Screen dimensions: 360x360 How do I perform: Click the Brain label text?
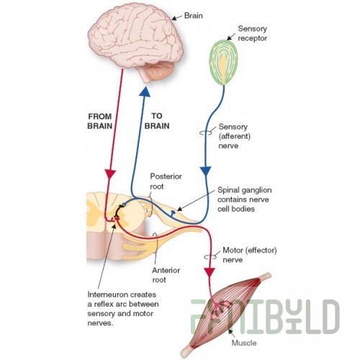point(193,16)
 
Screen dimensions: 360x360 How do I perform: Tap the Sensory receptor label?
point(252,33)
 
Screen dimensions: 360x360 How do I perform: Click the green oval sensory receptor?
point(223,63)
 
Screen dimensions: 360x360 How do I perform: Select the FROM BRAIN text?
point(100,121)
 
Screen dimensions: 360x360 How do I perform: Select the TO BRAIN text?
point(157,121)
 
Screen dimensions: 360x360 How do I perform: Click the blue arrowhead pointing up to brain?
point(145,91)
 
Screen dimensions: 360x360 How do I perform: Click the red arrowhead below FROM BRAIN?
point(110,174)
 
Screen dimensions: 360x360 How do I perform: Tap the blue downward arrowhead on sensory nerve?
point(206,171)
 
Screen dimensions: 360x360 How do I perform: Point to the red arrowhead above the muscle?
point(210,272)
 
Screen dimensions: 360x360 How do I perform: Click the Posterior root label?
point(166,181)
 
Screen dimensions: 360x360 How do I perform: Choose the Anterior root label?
point(166,275)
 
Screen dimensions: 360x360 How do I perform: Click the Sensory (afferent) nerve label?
point(234,136)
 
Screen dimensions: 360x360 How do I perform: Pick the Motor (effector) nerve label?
point(250,255)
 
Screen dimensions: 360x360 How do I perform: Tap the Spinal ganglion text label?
point(245,199)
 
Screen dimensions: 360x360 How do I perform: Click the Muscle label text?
point(244,343)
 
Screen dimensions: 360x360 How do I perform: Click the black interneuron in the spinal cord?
point(117,211)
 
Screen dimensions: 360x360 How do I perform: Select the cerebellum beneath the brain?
point(160,71)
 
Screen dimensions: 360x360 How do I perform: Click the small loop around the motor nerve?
point(210,257)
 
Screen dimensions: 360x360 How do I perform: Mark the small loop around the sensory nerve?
point(206,132)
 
